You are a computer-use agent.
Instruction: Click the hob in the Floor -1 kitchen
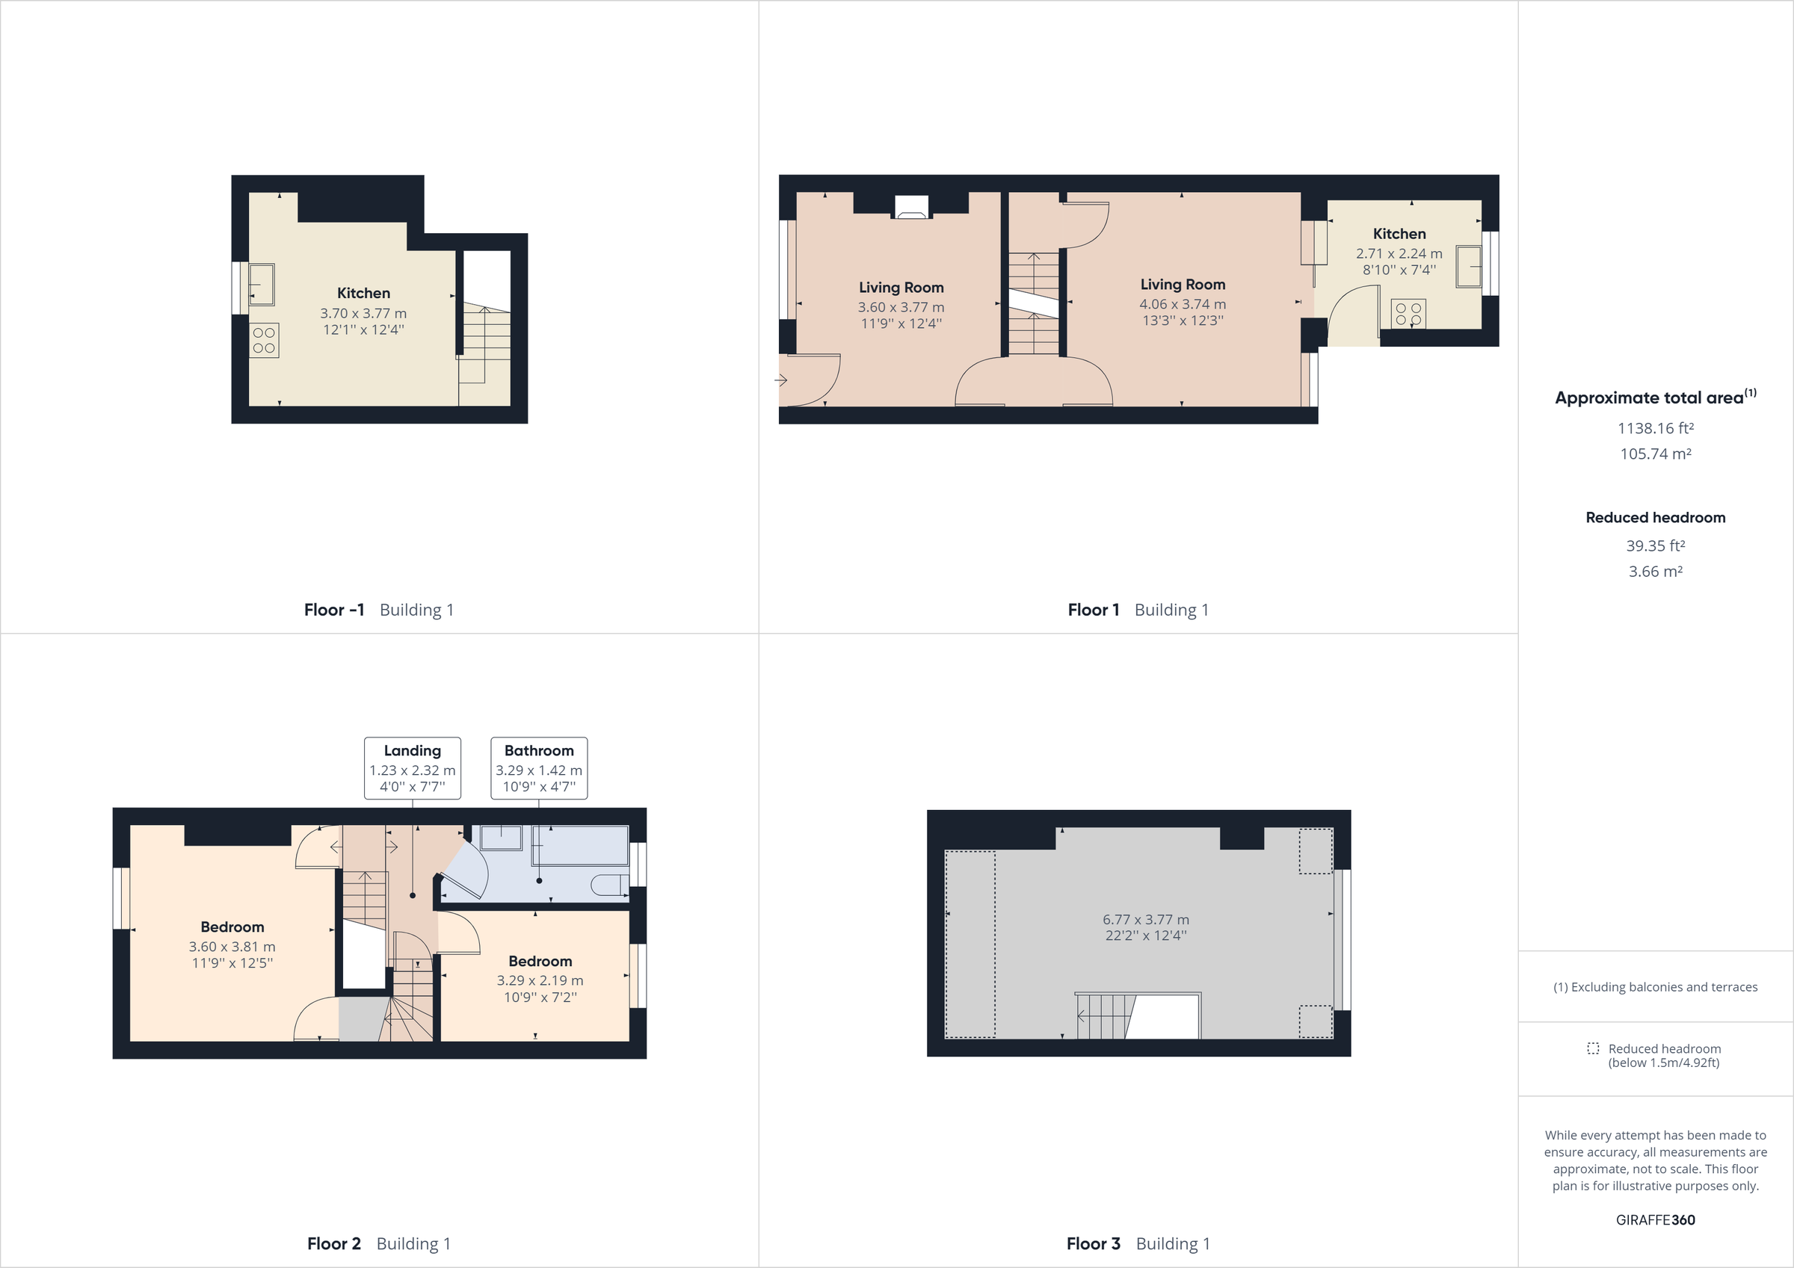(x=264, y=341)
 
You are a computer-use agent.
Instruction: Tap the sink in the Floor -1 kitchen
(x=261, y=284)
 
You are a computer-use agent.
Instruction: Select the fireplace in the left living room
(x=911, y=207)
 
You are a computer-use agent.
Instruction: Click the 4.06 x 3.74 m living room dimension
(x=1183, y=304)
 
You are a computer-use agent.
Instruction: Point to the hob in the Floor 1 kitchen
(x=1408, y=314)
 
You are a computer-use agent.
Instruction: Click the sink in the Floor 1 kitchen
(x=1469, y=267)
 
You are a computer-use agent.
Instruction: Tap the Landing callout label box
(x=413, y=768)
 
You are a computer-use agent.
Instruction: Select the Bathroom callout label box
(x=539, y=768)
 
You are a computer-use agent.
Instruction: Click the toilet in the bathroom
(x=609, y=885)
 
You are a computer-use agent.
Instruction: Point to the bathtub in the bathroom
(x=581, y=845)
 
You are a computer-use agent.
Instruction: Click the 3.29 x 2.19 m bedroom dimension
(x=540, y=980)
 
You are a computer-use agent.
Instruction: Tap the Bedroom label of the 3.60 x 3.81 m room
(x=232, y=927)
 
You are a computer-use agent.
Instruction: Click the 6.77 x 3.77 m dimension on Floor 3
(x=1145, y=920)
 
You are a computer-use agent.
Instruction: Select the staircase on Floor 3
(x=1103, y=1015)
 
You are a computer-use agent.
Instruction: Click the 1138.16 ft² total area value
(x=1655, y=428)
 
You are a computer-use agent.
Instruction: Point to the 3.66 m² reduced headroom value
(x=1655, y=571)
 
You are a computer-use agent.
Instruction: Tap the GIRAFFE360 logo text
(x=1655, y=1219)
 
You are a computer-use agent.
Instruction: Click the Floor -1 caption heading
(x=334, y=610)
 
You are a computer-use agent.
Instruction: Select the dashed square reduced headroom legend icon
(x=1593, y=1048)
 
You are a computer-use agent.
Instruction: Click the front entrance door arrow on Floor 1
(x=780, y=380)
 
